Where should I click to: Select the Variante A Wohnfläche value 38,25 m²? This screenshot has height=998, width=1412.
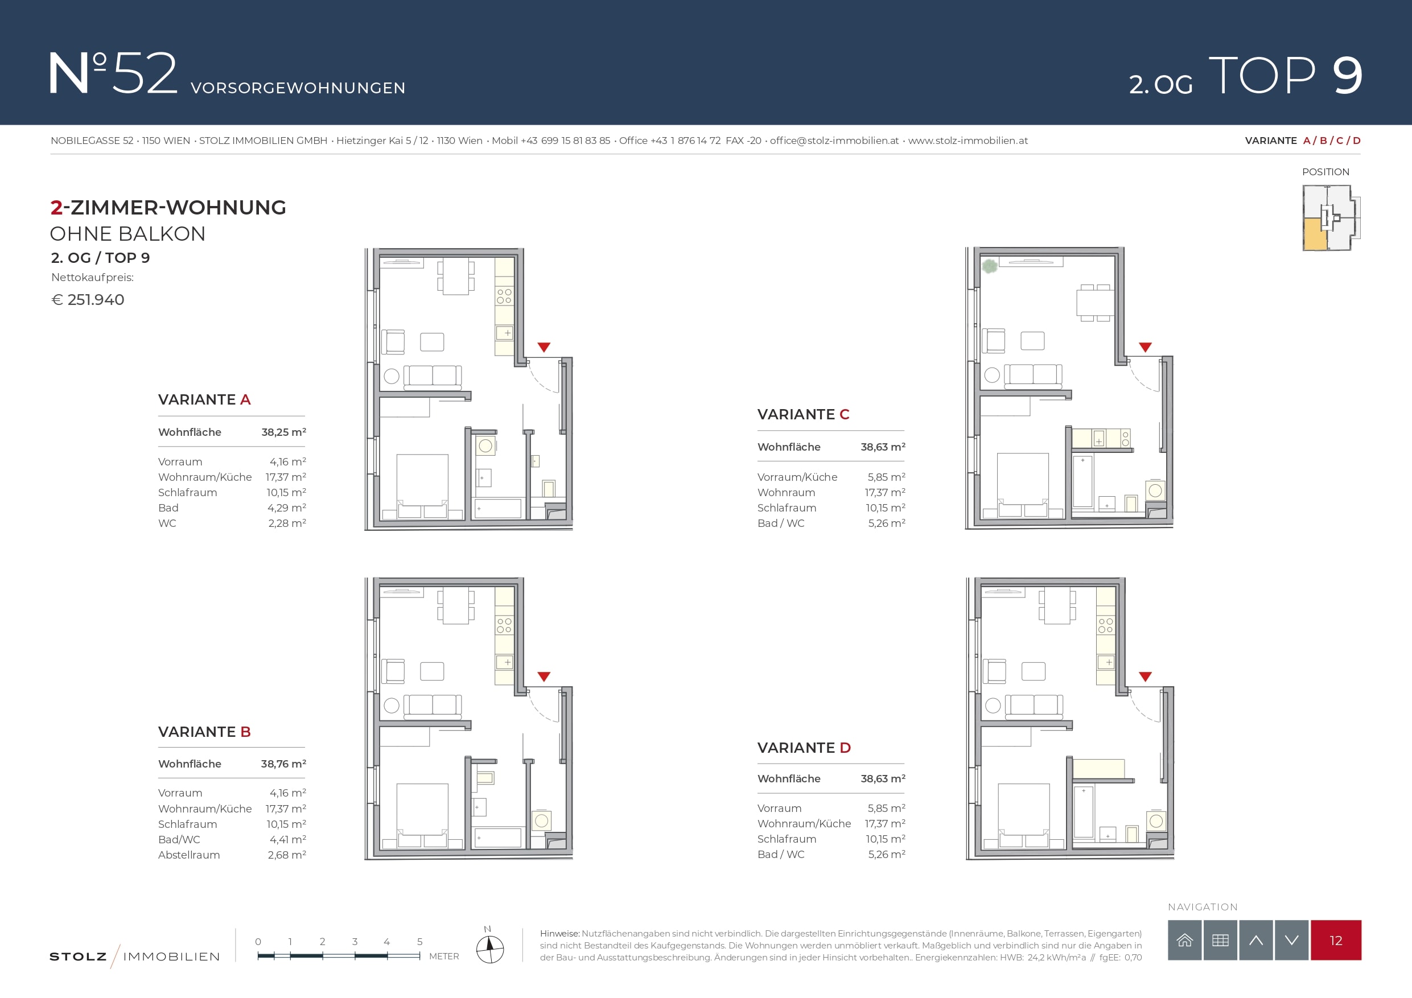(283, 432)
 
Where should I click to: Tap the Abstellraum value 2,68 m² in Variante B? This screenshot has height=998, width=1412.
(287, 855)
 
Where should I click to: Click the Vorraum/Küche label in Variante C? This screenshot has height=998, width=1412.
(797, 477)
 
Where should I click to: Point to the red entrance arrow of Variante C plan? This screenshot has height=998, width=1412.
(1145, 348)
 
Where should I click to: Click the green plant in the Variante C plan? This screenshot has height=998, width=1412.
(990, 266)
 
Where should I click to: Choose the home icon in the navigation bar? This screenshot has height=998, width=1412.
(1184, 940)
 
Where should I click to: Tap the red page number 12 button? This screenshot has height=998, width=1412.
(1336, 940)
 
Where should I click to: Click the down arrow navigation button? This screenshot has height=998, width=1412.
(1291, 940)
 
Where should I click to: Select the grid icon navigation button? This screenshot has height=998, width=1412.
(1220, 940)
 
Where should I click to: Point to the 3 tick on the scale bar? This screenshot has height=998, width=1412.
(355, 955)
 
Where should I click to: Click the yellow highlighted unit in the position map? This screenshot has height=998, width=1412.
(1314, 234)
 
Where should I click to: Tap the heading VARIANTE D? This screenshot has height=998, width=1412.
(804, 748)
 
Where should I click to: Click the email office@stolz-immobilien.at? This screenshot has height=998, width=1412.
(834, 140)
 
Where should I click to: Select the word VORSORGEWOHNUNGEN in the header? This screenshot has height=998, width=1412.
(298, 88)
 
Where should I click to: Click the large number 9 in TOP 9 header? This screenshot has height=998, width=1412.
(1348, 76)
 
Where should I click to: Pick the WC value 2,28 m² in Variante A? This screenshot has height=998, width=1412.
(287, 523)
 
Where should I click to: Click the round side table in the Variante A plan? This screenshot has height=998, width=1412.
(392, 376)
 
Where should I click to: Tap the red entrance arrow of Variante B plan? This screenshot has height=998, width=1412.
(544, 677)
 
